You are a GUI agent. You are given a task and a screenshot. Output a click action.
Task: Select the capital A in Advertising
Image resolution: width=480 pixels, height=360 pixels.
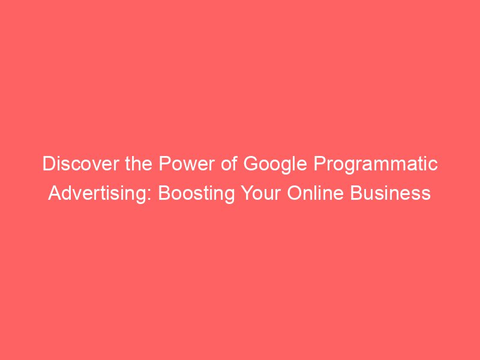[x=55, y=194]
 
